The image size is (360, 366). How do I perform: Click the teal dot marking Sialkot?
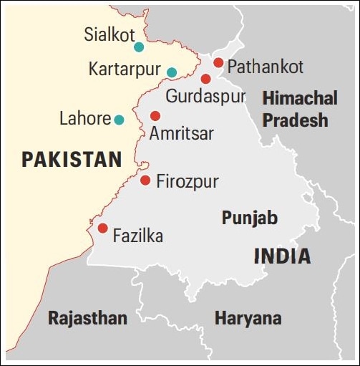tap(139, 47)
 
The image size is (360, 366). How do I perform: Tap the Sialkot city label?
tap(110, 34)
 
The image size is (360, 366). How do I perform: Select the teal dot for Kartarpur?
tap(172, 72)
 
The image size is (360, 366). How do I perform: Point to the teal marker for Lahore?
tap(119, 119)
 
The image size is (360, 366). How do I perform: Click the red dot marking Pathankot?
tap(218, 62)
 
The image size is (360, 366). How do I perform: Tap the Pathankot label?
tap(266, 67)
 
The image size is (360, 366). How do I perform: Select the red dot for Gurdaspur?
tap(205, 79)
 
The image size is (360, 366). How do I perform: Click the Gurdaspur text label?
tap(206, 96)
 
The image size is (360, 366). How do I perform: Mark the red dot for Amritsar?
tap(155, 115)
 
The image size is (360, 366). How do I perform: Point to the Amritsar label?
tap(182, 134)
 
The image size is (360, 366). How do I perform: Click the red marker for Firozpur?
tap(145, 180)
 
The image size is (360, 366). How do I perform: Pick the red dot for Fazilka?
tap(102, 228)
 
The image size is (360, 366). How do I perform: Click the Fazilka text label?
tap(138, 236)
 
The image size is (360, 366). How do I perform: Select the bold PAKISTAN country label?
tap(72, 159)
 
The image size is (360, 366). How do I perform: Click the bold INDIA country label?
tap(282, 256)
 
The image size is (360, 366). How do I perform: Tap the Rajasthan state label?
tap(87, 318)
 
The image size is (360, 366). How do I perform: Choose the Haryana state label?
tap(248, 318)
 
